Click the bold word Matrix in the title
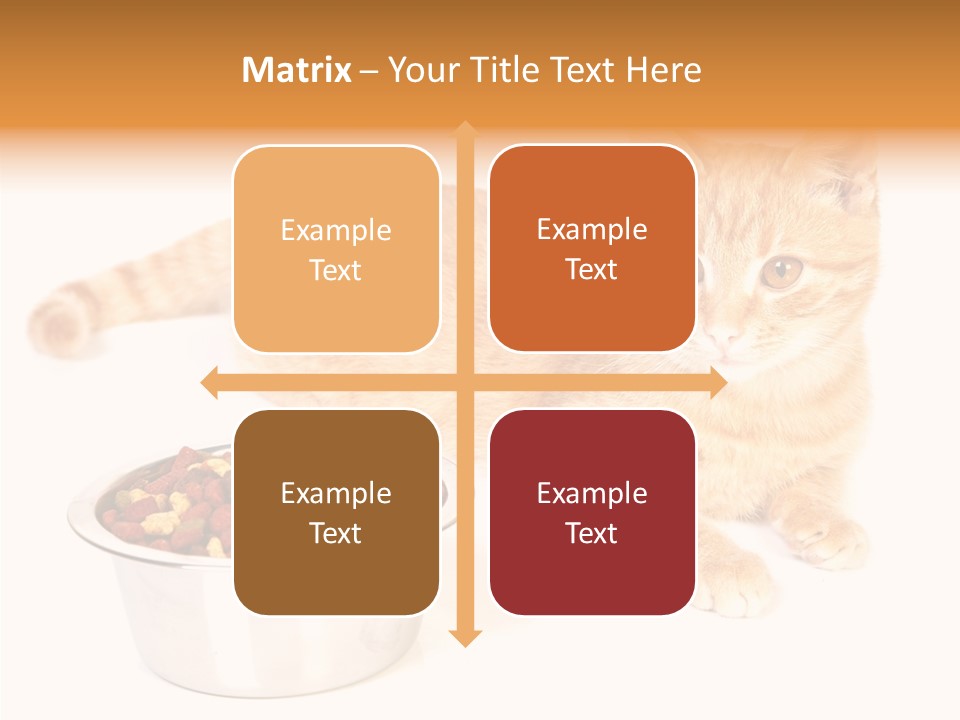coord(296,70)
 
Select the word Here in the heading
coord(663,70)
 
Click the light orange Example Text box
coord(336,249)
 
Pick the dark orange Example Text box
coord(592,248)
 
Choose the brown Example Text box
coord(336,512)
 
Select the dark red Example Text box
coord(592,512)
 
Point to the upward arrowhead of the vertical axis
coord(464,129)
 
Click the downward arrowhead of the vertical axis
coord(464,637)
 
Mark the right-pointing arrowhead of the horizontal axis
coord(718,382)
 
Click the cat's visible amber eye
coord(782,271)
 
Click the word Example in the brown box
coord(336,493)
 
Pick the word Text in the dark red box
coord(592,533)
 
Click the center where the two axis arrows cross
coord(464,382)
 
